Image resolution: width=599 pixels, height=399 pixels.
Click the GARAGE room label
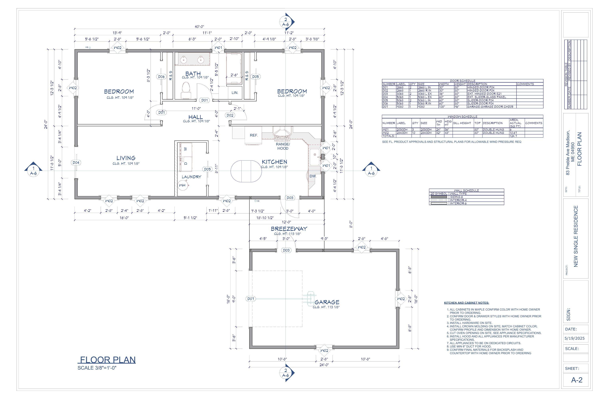(327, 302)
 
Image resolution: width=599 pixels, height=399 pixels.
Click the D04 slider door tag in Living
(76, 163)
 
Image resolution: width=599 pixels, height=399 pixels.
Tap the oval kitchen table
(246, 171)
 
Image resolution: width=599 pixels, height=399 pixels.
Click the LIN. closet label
(235, 93)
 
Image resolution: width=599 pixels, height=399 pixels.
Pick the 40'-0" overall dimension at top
(199, 27)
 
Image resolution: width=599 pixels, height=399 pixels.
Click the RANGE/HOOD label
(283, 146)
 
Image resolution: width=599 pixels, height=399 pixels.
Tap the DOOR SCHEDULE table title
(462, 81)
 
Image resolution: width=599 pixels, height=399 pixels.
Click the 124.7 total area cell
(513, 136)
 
